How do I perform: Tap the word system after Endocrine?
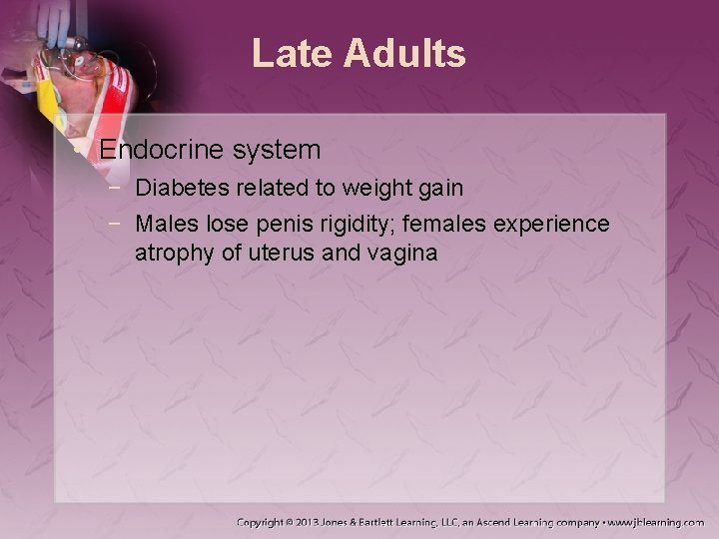coord(274,151)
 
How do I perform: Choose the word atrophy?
coord(175,254)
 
